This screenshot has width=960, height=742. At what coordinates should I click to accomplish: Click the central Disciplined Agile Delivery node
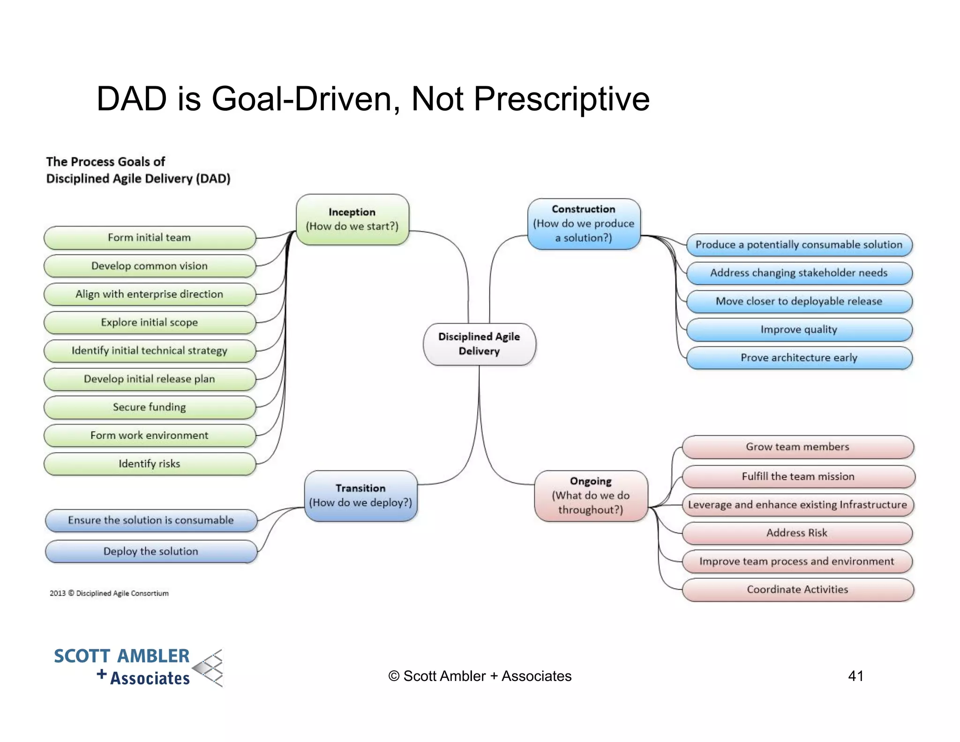(x=479, y=344)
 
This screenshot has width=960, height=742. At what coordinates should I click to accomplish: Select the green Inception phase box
(x=352, y=220)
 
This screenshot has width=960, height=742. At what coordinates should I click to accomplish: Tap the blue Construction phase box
(x=584, y=224)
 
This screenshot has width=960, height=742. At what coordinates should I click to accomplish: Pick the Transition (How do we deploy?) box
(x=360, y=496)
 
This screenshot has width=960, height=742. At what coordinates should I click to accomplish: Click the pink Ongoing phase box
(x=591, y=496)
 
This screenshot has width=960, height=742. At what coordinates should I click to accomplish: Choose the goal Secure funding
(x=150, y=407)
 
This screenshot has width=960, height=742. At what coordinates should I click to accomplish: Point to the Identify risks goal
(x=150, y=464)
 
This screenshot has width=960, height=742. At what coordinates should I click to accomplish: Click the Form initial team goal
(x=150, y=238)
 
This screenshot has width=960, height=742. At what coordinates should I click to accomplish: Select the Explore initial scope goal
(x=150, y=323)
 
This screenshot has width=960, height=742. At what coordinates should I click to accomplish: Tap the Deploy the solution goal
(x=151, y=552)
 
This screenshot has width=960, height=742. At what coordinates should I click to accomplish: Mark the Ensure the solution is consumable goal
(x=151, y=520)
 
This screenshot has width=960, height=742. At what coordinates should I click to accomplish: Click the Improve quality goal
(x=799, y=330)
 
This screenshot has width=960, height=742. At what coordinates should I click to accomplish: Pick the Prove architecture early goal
(x=799, y=358)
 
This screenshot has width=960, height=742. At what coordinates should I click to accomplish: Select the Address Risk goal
(x=797, y=533)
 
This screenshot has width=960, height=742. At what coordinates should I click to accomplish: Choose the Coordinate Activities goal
(x=797, y=590)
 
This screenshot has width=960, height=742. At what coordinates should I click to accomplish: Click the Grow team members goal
(x=797, y=447)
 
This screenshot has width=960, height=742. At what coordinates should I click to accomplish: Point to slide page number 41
(x=855, y=676)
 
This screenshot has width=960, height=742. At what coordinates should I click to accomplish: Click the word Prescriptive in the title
(x=561, y=99)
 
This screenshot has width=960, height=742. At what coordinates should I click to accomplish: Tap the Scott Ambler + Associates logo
(x=138, y=667)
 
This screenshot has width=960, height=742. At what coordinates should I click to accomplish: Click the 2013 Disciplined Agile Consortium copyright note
(x=109, y=593)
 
